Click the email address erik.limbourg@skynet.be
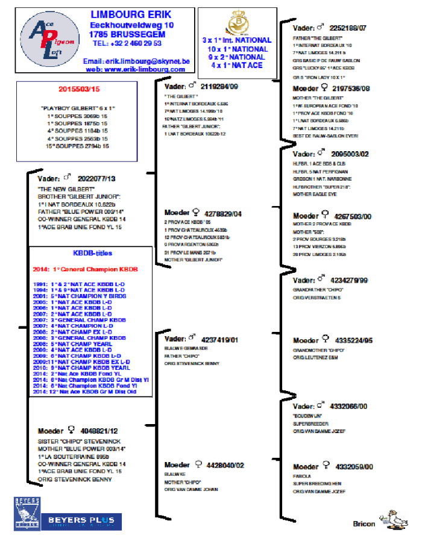click(136, 61)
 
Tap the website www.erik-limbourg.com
click(136, 70)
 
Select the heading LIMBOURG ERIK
click(131, 14)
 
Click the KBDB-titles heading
click(92, 254)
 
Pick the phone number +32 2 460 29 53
click(127, 43)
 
